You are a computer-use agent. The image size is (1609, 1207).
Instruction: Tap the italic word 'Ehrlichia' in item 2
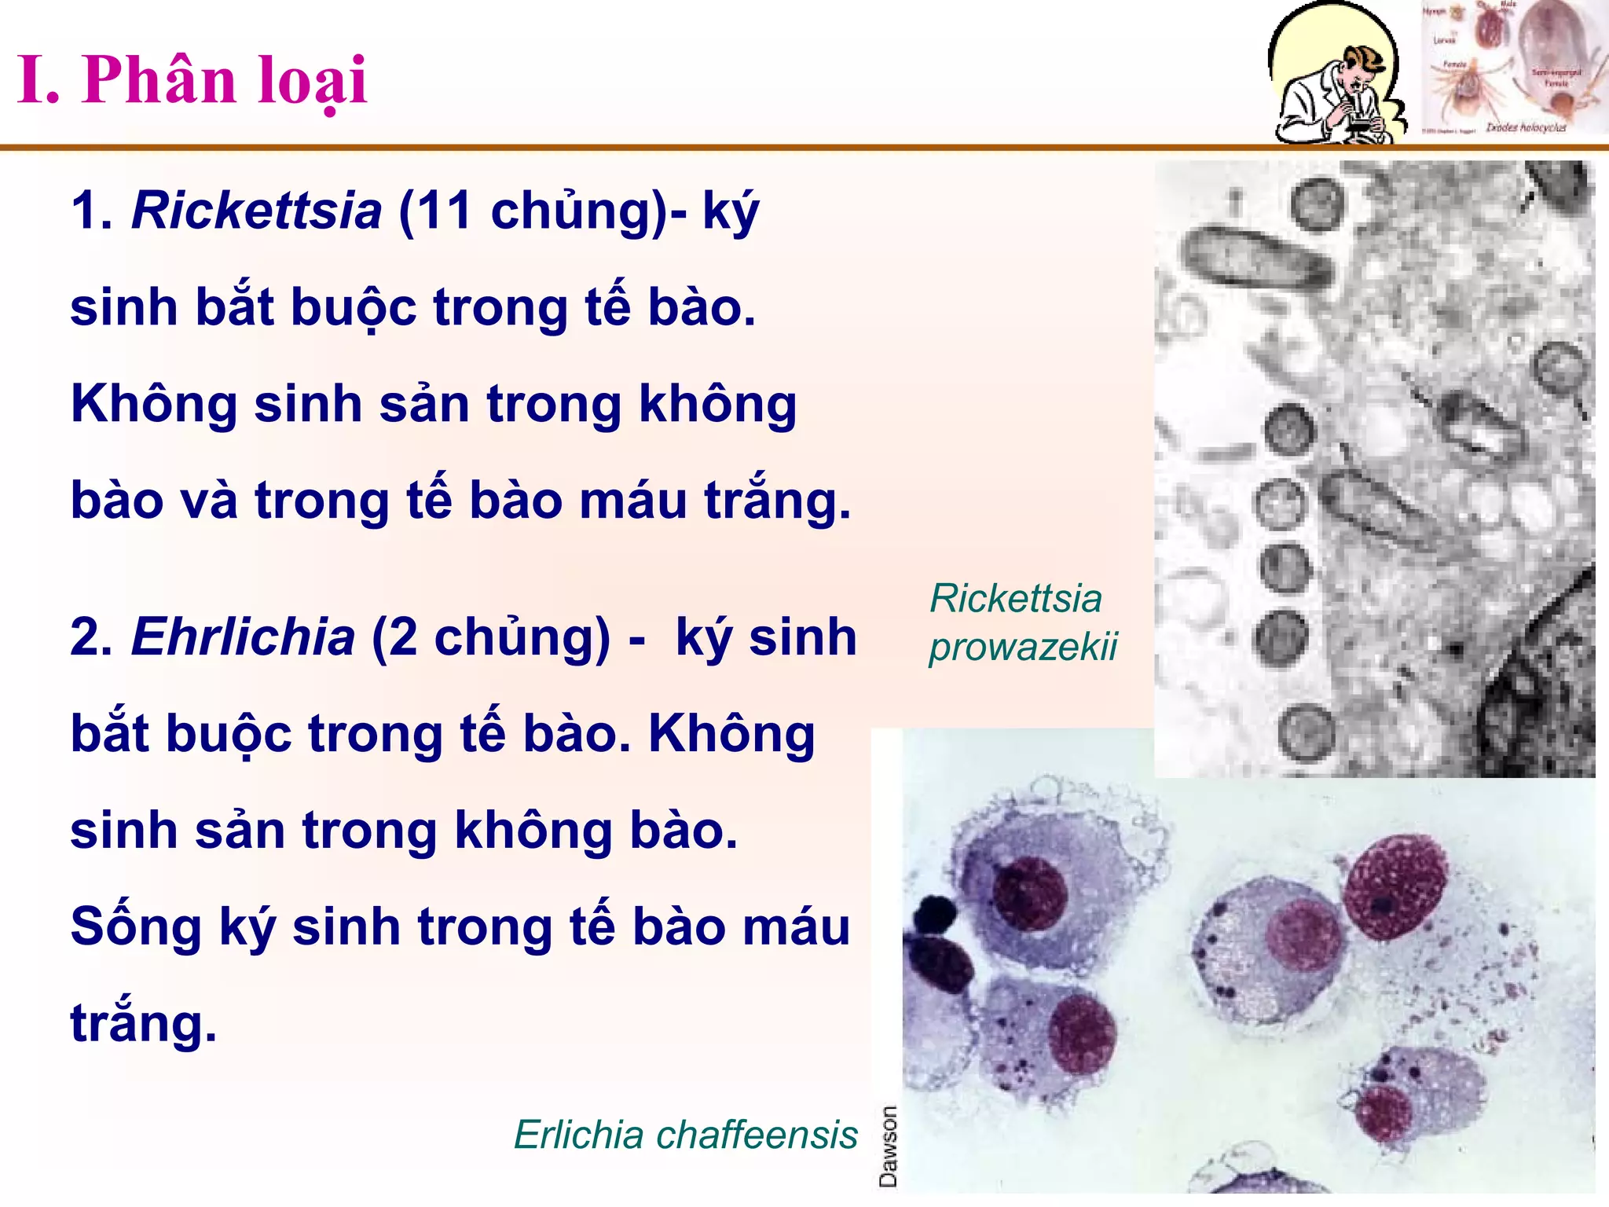click(244, 637)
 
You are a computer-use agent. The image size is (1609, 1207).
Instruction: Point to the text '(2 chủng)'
click(490, 637)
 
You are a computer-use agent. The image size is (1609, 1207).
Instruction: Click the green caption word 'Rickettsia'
click(1016, 599)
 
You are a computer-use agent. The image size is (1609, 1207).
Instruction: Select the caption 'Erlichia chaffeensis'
click(685, 1135)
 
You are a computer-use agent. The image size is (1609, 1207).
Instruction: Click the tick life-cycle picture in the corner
click(1512, 69)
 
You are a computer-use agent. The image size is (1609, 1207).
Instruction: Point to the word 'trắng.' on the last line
click(143, 1023)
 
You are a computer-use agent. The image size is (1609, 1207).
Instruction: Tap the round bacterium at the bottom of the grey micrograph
click(1306, 732)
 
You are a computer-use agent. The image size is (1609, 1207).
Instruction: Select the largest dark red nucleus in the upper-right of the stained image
click(1395, 888)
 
